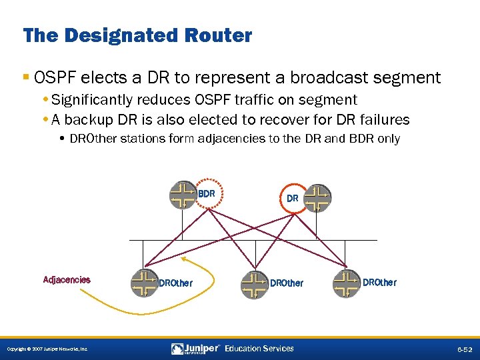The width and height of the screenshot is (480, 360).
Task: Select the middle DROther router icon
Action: pos(254,283)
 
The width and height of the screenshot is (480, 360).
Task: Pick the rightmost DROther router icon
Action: pos(346,282)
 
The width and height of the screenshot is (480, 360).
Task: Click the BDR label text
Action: pos(206,194)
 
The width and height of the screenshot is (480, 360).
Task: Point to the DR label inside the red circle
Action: pos(292,198)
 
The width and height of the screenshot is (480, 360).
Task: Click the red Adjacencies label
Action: pos(67,280)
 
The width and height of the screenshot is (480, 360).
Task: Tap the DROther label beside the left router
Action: pos(175,283)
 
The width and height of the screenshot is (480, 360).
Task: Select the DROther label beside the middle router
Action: pos(286,283)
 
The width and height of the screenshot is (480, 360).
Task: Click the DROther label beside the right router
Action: pos(379,283)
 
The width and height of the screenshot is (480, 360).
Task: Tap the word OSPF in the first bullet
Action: pos(49,77)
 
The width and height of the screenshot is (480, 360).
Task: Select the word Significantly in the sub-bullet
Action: pos(93,100)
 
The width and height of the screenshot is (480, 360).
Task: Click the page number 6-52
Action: pos(465,349)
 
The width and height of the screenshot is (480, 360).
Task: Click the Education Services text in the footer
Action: pos(259,349)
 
